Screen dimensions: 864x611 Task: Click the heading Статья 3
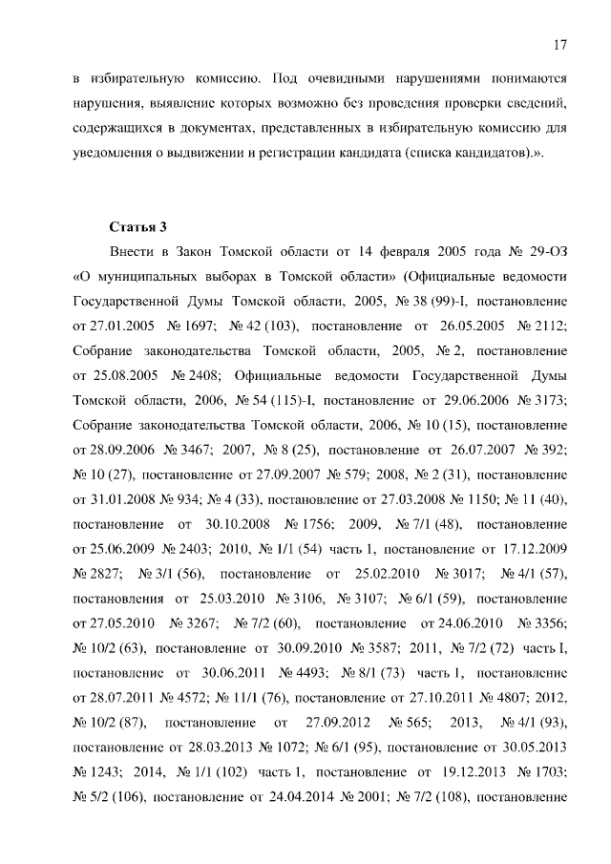point(138,226)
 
